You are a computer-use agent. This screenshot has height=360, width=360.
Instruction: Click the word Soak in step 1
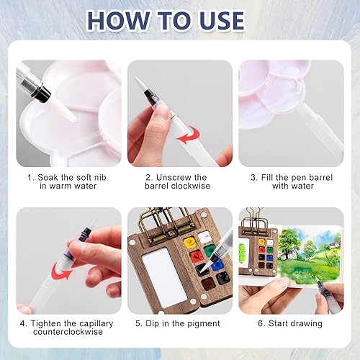coord(48,178)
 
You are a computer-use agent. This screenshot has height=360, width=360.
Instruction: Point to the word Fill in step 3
coord(267,178)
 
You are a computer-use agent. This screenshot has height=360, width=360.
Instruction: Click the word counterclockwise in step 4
coord(68,332)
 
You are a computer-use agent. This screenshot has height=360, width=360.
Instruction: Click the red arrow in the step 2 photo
coord(189,135)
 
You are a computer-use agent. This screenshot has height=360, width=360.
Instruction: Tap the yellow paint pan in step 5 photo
coord(190,242)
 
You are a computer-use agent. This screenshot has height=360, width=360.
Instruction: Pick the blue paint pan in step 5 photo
coord(217,266)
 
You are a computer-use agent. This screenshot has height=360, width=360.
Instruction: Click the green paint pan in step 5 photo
coord(210,251)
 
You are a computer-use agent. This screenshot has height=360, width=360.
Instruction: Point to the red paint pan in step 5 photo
coord(197,256)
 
